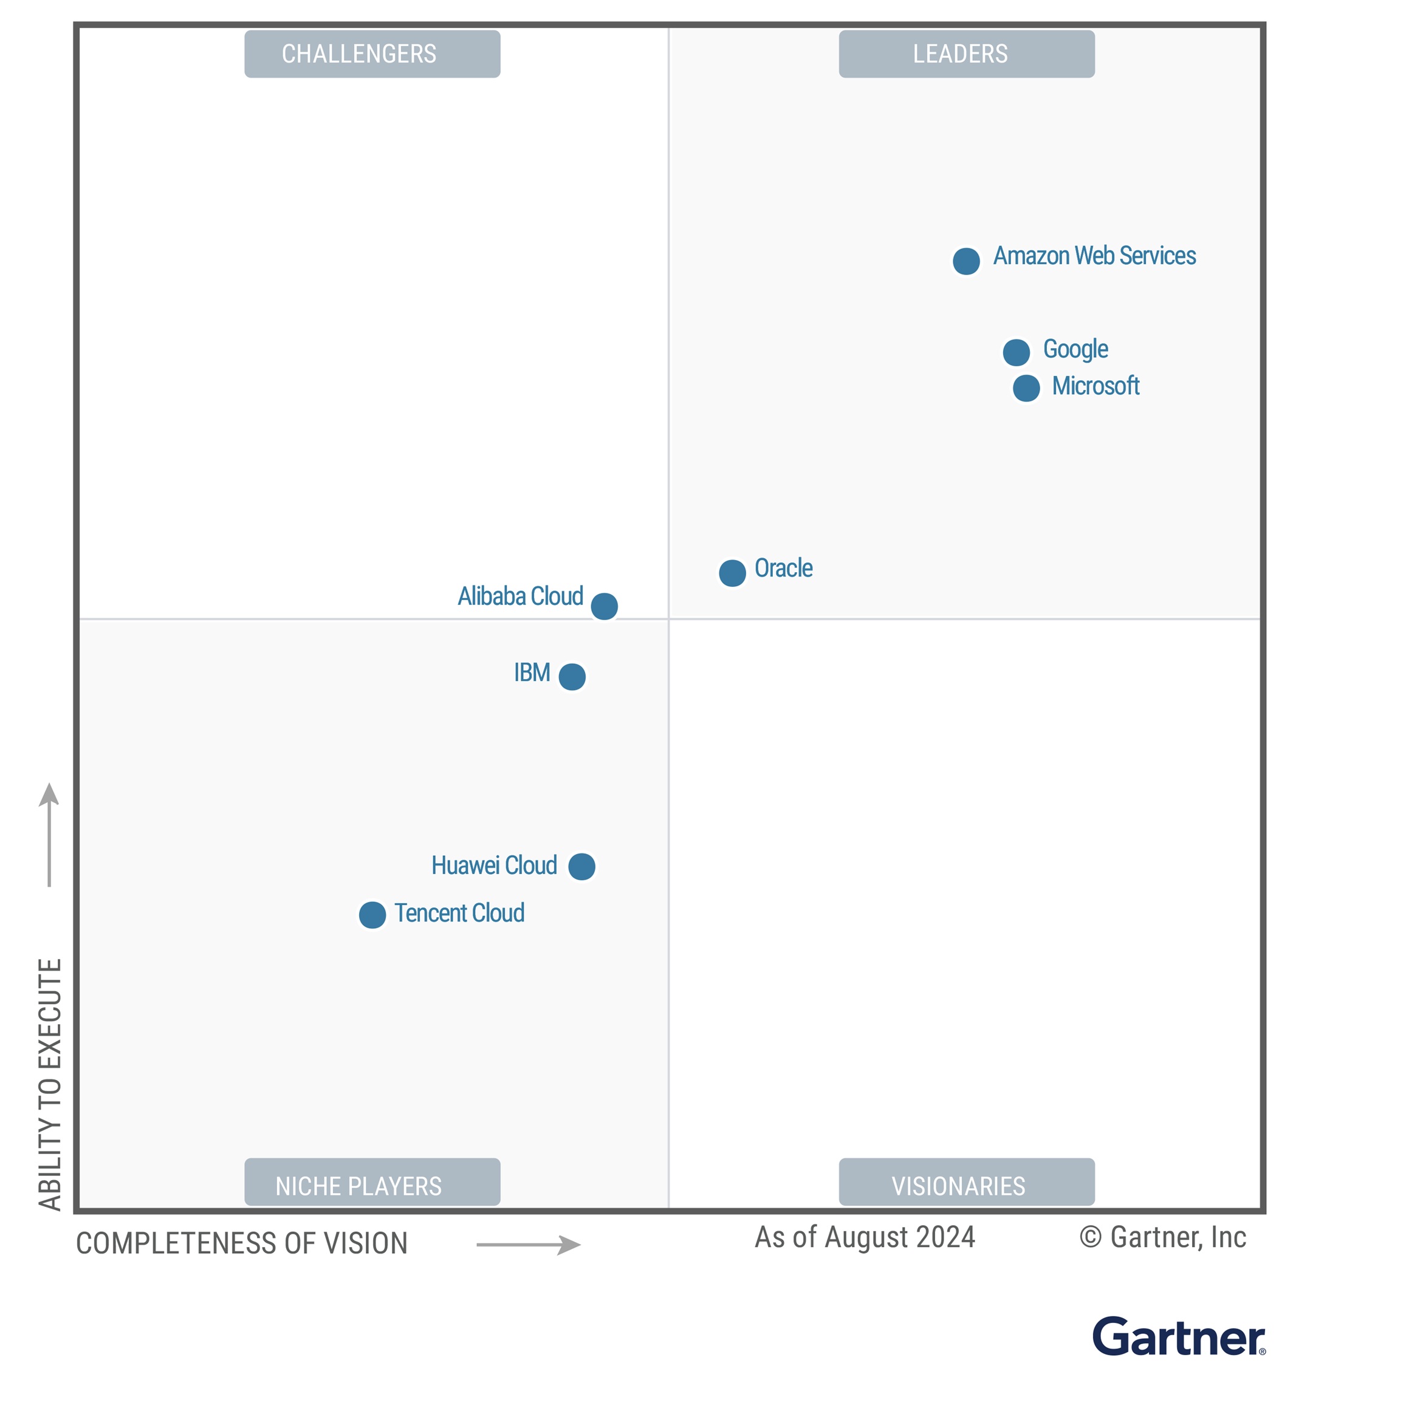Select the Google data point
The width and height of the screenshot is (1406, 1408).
coord(1016,353)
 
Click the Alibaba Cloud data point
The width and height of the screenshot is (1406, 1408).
coord(604,606)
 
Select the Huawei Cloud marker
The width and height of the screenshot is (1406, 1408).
coord(581,867)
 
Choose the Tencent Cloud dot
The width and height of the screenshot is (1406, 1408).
coord(372,915)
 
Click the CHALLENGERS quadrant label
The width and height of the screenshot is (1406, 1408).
coord(372,54)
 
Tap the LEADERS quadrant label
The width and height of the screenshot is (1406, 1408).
coord(967,54)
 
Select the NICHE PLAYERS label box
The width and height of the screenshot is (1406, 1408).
coord(372,1185)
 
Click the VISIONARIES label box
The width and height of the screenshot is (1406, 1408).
coord(967,1185)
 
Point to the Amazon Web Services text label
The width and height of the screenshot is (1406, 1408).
coord(1094,256)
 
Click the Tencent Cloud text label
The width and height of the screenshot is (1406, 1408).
coord(459,913)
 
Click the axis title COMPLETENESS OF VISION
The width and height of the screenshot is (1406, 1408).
coord(242,1244)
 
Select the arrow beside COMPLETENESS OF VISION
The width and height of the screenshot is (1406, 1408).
coord(529,1245)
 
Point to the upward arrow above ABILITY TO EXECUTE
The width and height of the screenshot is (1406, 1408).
coord(49,835)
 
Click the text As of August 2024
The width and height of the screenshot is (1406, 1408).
coord(865,1237)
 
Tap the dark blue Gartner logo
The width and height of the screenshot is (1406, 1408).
coord(1178,1338)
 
